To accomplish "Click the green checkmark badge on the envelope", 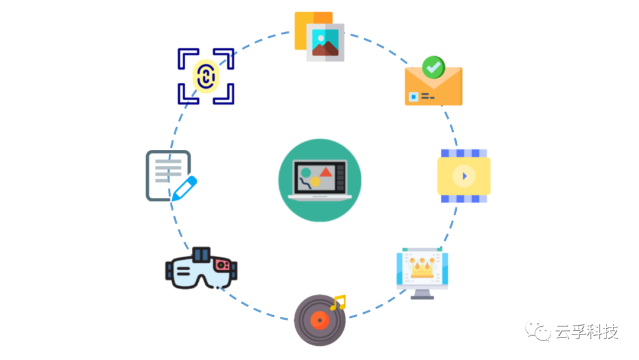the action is [x=434, y=67].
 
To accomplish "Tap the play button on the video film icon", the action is [x=464, y=176].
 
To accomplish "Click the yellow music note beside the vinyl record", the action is [x=338, y=303].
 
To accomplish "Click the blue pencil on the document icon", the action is [x=183, y=188].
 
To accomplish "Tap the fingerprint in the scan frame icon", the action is [x=206, y=76].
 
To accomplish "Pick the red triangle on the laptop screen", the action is [x=326, y=172].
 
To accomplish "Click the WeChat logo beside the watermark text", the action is [x=539, y=331].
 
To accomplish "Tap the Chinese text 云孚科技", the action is [x=586, y=332].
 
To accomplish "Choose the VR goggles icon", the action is [x=201, y=269].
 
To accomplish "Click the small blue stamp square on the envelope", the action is [x=412, y=96].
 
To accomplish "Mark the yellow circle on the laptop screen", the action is [x=315, y=181].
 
